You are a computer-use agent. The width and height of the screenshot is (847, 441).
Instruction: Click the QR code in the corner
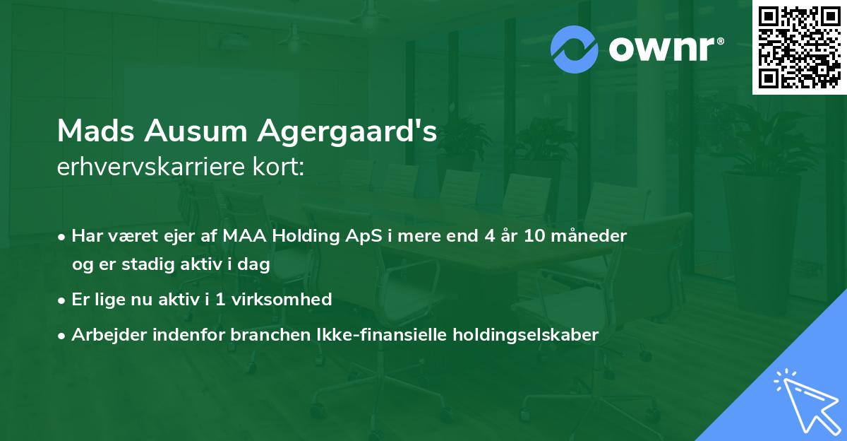tap(799, 47)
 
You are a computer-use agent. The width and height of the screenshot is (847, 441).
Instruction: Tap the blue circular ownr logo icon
tap(574, 49)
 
